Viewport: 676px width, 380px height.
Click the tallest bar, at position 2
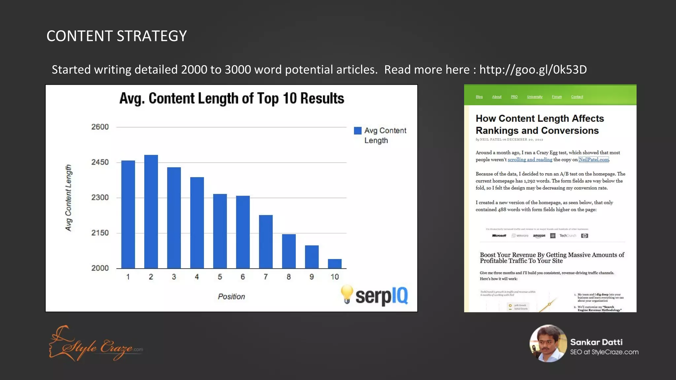tap(151, 211)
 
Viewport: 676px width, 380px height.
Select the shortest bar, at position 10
tap(334, 264)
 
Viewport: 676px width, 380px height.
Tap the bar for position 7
tap(266, 241)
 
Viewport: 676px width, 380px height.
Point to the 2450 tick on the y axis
tap(100, 162)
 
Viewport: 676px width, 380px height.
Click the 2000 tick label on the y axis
tap(100, 268)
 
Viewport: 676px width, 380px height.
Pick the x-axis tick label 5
tap(220, 277)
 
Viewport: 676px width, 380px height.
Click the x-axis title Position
tap(231, 297)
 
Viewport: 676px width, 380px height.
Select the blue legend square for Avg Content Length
tap(357, 131)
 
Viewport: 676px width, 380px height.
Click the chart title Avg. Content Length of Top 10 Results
tap(231, 98)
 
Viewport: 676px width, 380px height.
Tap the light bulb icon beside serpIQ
tap(347, 294)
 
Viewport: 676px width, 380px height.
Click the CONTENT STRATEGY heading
tap(117, 36)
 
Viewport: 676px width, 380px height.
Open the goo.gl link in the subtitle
tap(533, 70)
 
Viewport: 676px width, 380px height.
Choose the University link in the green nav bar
tap(535, 97)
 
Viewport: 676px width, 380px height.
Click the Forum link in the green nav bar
tap(557, 97)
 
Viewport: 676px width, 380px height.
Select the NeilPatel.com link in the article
tap(593, 160)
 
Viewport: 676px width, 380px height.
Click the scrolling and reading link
tap(530, 160)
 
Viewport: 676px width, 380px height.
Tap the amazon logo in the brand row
tap(539, 236)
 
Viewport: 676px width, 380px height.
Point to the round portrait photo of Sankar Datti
tap(548, 343)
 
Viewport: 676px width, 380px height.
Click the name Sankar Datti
tap(596, 342)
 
